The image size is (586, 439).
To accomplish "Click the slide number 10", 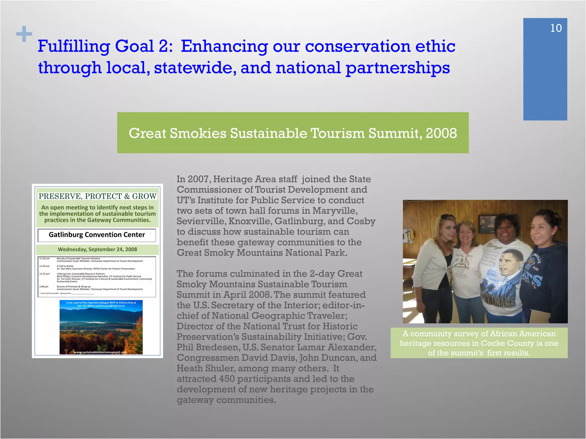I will pyautogui.click(x=556, y=28).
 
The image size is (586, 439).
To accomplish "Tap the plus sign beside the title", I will pyautogui.click(x=24, y=34).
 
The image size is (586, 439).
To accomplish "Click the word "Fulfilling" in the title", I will pyautogui.click(x=74, y=46).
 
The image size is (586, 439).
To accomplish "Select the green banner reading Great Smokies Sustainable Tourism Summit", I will pyautogui.click(x=293, y=133).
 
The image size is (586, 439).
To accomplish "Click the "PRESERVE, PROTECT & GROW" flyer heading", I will pyautogui.click(x=97, y=196).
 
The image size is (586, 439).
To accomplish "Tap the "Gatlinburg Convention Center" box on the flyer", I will pyautogui.click(x=97, y=235).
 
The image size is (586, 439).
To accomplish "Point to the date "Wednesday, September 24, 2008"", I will pyautogui.click(x=97, y=250).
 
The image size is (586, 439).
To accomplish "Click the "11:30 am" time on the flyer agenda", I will pyautogui.click(x=44, y=259).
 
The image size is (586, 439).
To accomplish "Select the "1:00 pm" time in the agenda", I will pyautogui.click(x=44, y=287).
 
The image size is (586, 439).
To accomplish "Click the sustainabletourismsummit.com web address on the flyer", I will pyautogui.click(x=100, y=352).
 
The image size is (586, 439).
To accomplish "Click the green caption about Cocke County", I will pyautogui.click(x=479, y=343).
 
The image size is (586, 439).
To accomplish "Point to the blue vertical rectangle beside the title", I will pyautogui.click(x=545, y=74).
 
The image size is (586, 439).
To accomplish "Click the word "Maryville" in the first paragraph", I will pyautogui.click(x=334, y=211).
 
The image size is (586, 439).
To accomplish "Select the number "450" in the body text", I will pyautogui.click(x=227, y=379).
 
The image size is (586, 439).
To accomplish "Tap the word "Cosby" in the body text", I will pyautogui.click(x=361, y=222).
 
